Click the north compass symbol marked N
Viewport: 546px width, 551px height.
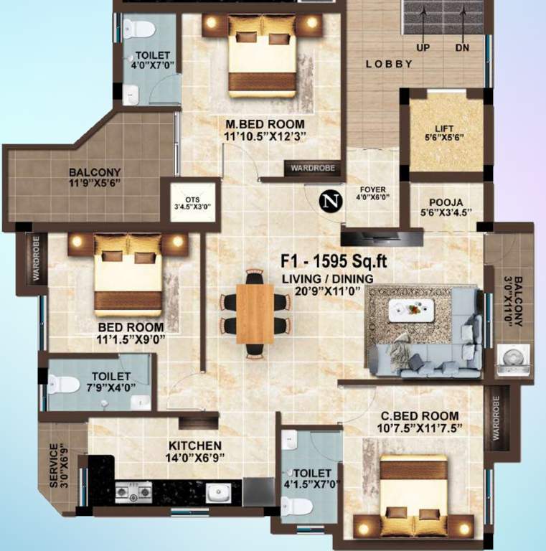tap(329, 202)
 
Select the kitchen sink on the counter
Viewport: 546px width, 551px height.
tap(216, 492)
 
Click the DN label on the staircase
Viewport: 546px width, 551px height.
tap(463, 48)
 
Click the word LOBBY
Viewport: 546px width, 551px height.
tap(389, 64)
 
